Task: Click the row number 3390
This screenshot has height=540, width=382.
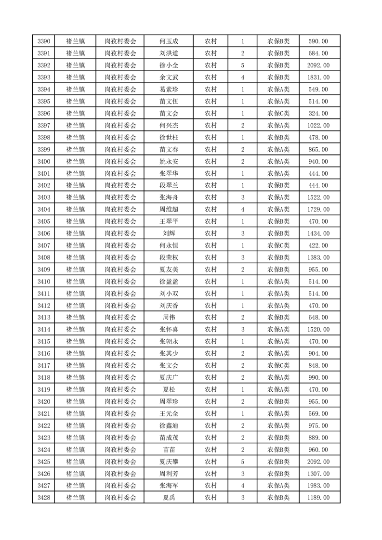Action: (44, 41)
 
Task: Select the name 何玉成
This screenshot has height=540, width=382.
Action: (169, 41)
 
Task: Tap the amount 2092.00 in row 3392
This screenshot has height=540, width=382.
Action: (318, 65)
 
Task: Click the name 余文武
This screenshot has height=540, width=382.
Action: (169, 77)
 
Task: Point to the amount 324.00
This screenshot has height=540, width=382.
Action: (318, 114)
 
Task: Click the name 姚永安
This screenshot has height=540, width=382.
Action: (169, 162)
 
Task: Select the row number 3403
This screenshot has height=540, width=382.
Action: (44, 197)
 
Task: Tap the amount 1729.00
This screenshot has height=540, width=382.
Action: (318, 209)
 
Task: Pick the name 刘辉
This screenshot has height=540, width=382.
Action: (169, 233)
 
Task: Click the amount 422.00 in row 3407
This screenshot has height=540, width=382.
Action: (318, 245)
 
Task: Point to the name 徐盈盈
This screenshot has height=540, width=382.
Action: (169, 282)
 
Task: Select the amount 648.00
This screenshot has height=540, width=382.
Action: (318, 318)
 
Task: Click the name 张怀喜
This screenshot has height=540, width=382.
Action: (169, 330)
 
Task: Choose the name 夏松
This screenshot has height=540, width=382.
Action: (169, 389)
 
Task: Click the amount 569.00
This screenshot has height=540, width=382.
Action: (318, 413)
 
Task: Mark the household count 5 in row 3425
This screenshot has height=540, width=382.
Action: (242, 462)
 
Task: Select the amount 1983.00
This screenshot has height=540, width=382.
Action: (318, 486)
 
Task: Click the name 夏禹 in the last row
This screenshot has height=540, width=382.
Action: (169, 498)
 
